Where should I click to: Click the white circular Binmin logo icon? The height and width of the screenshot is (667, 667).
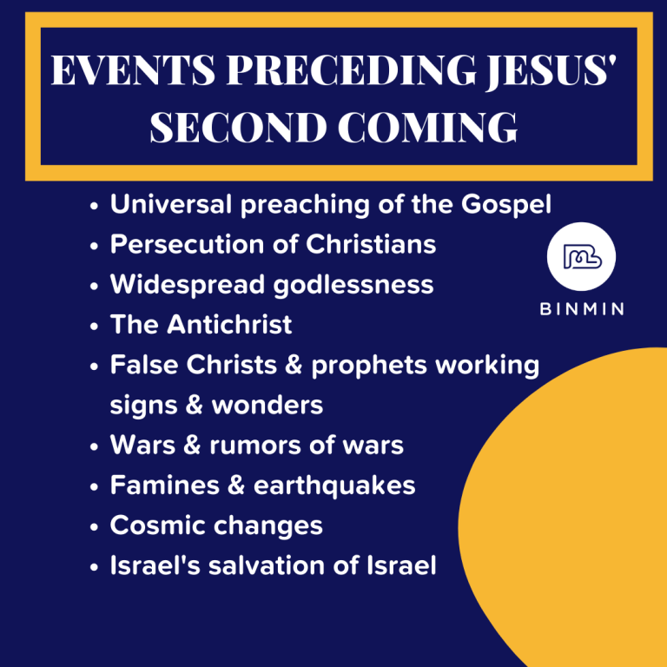[581, 256]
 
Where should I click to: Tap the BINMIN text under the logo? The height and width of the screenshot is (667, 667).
[581, 310]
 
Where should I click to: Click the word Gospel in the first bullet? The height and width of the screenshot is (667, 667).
[505, 205]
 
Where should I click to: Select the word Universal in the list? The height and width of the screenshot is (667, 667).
[169, 205]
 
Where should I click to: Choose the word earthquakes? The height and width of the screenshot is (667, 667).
[335, 485]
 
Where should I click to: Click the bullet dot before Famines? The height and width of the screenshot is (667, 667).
[94, 487]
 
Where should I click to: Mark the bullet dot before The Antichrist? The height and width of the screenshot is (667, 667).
[94, 327]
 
